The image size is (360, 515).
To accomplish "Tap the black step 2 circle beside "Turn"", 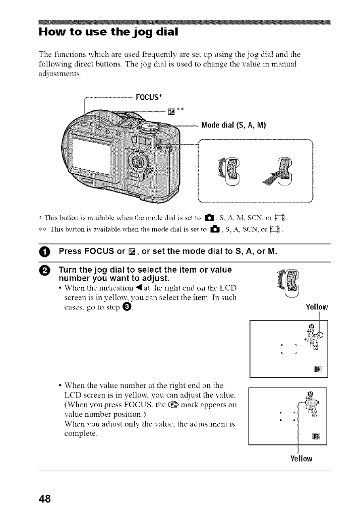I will point(44,271).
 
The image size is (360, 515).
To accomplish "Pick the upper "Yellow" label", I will point(317,307).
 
